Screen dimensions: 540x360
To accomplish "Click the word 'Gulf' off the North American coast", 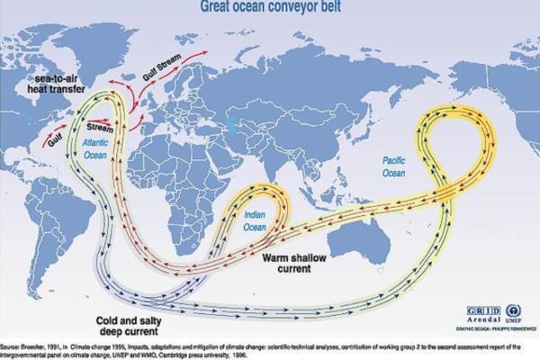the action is (57, 141).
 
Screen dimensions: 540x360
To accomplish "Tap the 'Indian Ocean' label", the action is (260, 220).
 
